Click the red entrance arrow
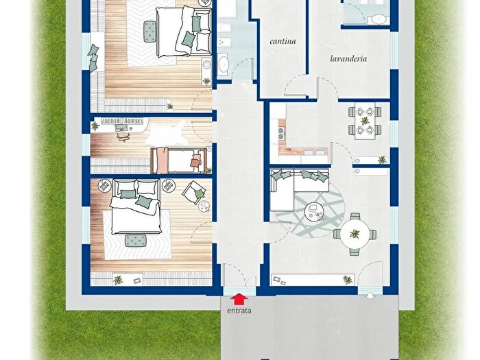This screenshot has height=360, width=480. (239, 299)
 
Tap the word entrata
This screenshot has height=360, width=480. (239, 311)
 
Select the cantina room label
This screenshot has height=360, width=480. (283, 41)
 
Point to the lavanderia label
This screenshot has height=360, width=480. (348, 58)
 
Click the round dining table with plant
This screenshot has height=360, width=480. (355, 235)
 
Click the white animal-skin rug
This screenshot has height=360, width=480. (167, 133)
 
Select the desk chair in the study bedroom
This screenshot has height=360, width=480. (123, 137)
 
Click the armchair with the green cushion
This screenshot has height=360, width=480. (194, 192)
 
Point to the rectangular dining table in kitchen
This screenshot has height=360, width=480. (365, 121)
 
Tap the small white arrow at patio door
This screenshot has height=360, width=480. (370, 296)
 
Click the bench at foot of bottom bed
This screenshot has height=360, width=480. (135, 241)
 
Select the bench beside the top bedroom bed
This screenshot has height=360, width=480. (150, 31)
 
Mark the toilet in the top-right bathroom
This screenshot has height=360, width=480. (379, 19)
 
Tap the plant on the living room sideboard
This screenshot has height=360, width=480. (348, 280)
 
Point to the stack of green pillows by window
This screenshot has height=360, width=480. (93, 58)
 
